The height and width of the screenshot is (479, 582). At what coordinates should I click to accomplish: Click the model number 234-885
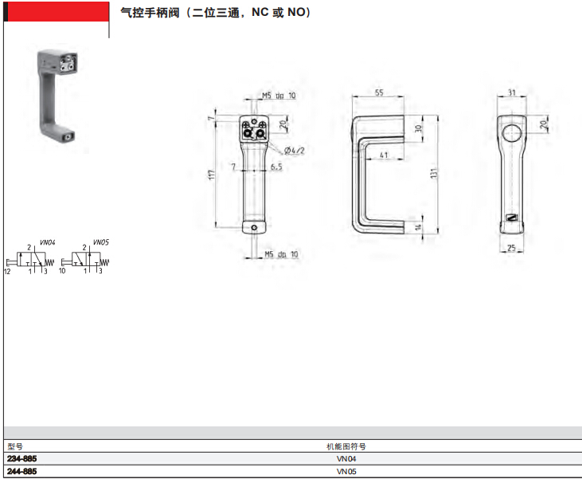click(22, 458)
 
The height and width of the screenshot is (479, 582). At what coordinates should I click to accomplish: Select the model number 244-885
click(22, 471)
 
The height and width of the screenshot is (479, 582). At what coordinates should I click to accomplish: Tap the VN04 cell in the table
click(346, 458)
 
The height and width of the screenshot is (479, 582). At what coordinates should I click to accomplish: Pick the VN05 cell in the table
click(346, 471)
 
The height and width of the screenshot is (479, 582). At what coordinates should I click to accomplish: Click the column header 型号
click(15, 446)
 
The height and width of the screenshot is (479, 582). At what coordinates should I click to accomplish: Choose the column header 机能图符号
click(346, 446)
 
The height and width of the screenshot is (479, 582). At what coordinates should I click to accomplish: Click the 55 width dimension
click(379, 92)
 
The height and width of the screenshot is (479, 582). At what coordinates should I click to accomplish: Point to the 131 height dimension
click(434, 173)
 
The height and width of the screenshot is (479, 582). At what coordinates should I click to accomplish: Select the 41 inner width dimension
click(384, 155)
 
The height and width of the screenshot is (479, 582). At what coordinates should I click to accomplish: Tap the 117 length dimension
click(212, 175)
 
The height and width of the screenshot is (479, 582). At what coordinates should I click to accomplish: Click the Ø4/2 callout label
click(295, 150)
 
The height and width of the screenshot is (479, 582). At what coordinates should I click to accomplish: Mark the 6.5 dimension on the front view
click(276, 167)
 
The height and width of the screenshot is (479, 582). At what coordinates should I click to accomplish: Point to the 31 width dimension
click(512, 92)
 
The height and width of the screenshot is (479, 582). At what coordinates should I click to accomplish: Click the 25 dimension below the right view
click(511, 248)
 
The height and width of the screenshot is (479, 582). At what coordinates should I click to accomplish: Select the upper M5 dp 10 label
click(279, 96)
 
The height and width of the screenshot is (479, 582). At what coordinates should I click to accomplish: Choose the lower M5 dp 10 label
click(281, 254)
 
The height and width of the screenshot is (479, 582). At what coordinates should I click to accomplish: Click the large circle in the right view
click(512, 133)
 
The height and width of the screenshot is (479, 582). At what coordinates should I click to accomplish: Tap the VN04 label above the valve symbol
click(48, 242)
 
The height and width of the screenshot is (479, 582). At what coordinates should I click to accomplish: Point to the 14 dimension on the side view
click(418, 226)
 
